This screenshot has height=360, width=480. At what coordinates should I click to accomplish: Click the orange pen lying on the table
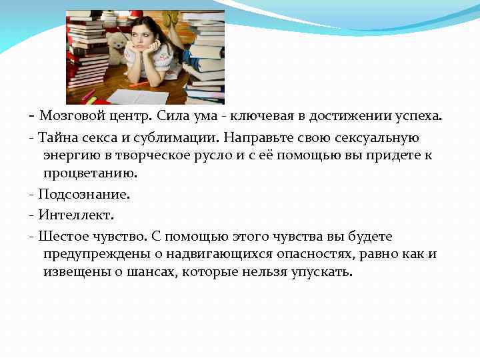[139, 84]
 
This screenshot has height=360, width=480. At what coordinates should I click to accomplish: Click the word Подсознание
[84, 195]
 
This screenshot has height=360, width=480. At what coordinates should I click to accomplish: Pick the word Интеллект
[76, 216]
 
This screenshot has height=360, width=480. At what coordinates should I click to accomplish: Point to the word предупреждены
[91, 255]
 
